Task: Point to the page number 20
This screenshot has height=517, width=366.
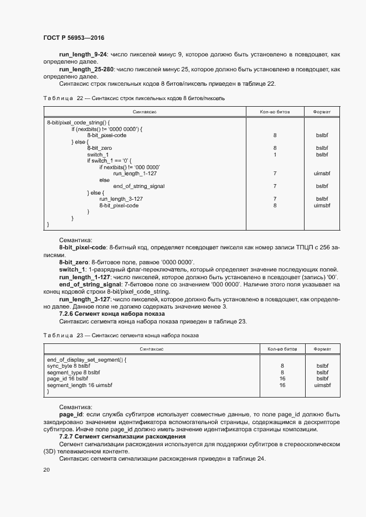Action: click(x=47, y=469)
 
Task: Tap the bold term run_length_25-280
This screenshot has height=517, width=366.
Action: click(x=86, y=70)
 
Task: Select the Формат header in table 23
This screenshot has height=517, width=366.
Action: click(x=322, y=349)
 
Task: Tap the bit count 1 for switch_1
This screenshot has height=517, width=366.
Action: click(x=275, y=155)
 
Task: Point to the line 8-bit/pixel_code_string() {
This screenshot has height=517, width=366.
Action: click(x=79, y=122)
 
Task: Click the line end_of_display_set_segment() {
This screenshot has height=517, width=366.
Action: click(x=86, y=359)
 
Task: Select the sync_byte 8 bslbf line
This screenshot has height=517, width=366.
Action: click(x=69, y=366)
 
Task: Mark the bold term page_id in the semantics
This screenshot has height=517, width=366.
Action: click(x=71, y=414)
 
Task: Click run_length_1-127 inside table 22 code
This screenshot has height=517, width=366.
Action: click(x=135, y=174)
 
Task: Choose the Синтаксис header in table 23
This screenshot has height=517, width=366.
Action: click(x=152, y=349)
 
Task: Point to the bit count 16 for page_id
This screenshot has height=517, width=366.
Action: click(x=282, y=379)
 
